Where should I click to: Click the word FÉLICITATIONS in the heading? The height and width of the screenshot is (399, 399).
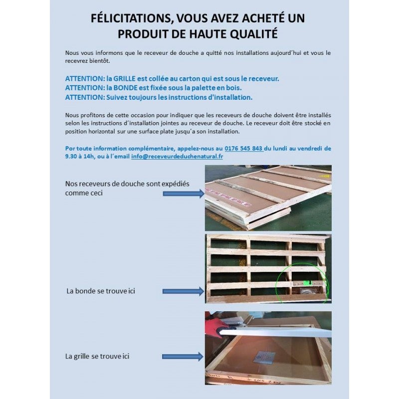[127, 18]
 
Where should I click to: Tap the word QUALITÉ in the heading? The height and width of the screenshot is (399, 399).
[251, 34]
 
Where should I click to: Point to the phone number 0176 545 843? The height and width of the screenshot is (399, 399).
[243, 148]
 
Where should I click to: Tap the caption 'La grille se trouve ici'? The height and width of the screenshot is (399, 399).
[97, 357]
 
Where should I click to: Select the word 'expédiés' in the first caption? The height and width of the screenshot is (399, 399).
[175, 184]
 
